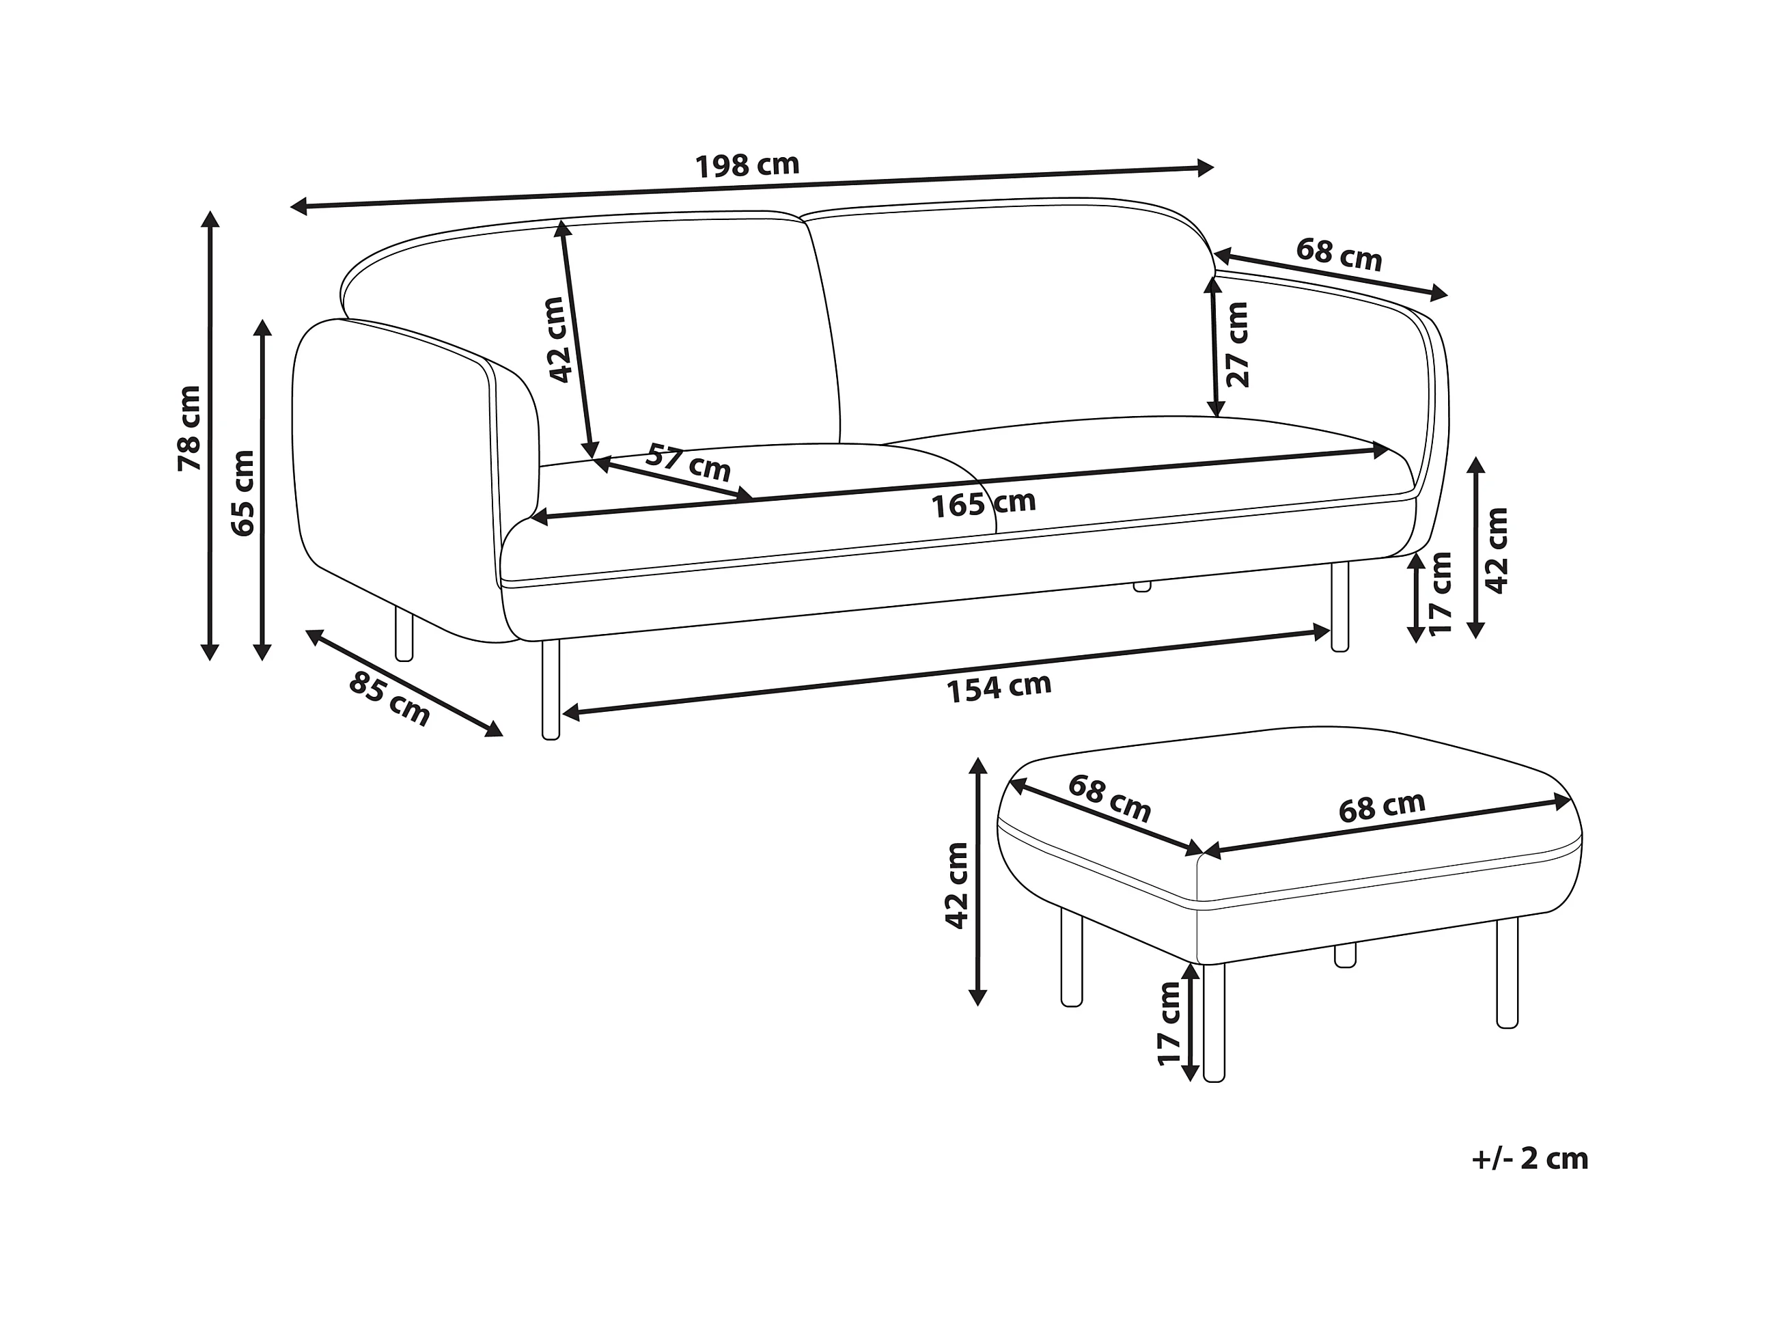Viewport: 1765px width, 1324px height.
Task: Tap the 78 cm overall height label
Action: (190, 428)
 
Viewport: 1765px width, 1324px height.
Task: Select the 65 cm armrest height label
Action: (242, 493)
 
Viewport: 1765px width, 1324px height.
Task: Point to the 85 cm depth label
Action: (389, 698)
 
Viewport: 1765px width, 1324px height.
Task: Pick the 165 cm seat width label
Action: (983, 504)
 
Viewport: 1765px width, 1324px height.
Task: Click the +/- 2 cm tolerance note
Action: (1529, 1158)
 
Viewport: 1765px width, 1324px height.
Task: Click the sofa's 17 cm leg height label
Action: (1441, 593)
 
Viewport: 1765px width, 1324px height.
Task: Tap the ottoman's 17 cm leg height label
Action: (1169, 1024)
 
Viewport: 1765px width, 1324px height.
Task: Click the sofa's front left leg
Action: (550, 689)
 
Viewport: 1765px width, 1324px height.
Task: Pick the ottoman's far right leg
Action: (1507, 973)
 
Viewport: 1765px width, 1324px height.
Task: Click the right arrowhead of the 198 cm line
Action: (1205, 167)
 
